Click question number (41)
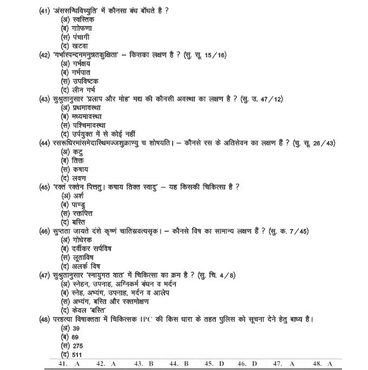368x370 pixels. (x=45, y=11)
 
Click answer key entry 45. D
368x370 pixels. (x=214, y=364)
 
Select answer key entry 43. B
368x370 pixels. (x=144, y=364)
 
